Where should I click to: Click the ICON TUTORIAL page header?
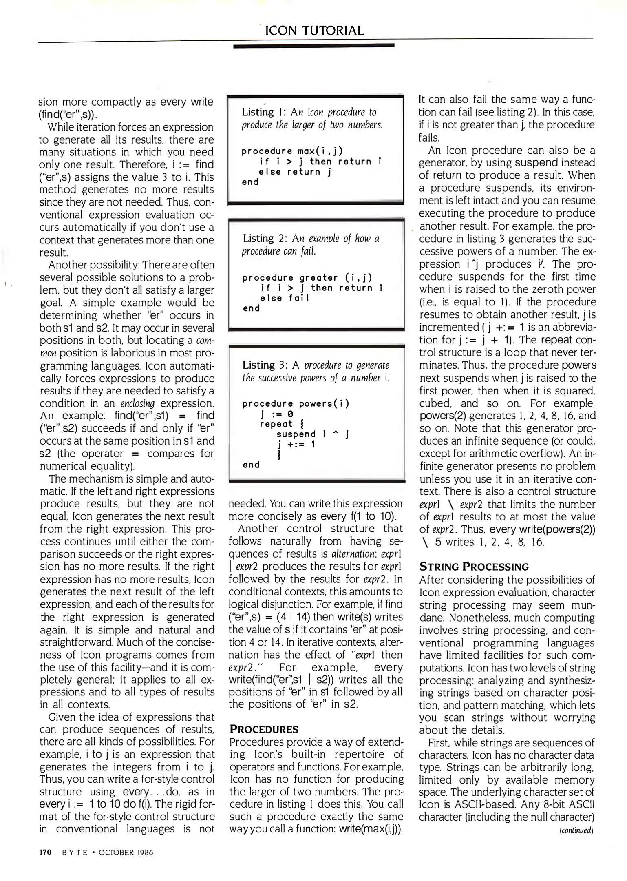[314, 31]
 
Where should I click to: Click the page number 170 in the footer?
[45, 852]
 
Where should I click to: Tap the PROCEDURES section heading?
[264, 729]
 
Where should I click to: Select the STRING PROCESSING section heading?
[474, 567]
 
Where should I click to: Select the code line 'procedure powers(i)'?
[296, 404]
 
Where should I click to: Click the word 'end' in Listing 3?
[251, 465]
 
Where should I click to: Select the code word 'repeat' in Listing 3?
[276, 424]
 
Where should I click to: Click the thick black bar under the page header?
[313, 46]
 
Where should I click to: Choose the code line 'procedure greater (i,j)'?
[307, 278]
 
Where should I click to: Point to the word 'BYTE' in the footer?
[75, 853]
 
